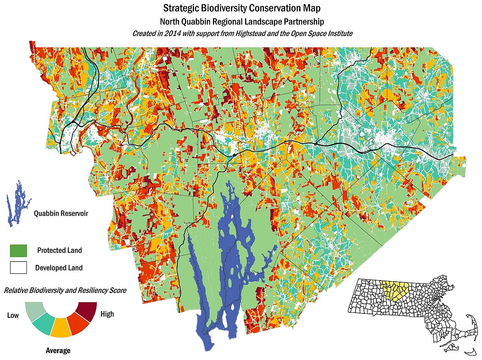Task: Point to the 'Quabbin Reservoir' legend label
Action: (61, 213)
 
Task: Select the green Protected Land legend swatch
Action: (18, 251)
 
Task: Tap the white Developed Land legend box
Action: (18, 267)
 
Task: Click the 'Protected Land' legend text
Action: (59, 250)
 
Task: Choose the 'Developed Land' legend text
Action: (59, 268)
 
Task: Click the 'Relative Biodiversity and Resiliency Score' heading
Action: (65, 290)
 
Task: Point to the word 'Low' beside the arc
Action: (13, 315)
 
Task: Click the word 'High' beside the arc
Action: (107, 314)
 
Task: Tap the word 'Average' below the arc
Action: (58, 350)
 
